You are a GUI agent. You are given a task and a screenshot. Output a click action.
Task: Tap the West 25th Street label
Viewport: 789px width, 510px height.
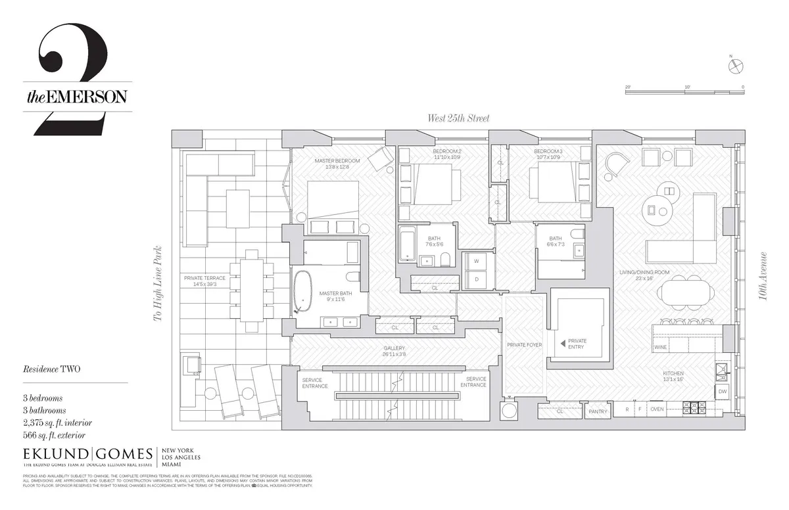[x=458, y=118]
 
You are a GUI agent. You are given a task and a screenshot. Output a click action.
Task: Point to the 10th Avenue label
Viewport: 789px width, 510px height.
[x=763, y=276]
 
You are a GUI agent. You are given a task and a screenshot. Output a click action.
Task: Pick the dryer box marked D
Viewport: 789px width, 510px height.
[x=476, y=279]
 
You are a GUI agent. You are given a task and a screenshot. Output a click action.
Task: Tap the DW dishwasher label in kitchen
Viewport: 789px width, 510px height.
[x=722, y=392]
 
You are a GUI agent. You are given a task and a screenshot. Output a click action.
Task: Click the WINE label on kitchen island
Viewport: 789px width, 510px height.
[x=661, y=346]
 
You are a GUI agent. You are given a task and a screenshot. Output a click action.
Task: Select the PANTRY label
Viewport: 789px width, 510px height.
[x=598, y=412]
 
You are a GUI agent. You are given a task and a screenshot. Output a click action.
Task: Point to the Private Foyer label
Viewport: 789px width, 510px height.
[x=524, y=344]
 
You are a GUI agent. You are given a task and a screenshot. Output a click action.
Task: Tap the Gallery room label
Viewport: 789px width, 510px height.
[x=394, y=348]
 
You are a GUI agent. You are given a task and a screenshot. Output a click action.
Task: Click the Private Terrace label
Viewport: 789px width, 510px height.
[x=204, y=278]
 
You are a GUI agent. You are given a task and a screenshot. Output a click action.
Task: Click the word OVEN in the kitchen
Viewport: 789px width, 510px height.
[x=657, y=409]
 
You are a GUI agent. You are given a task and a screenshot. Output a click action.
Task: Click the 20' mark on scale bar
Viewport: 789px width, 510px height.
[x=628, y=87]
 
